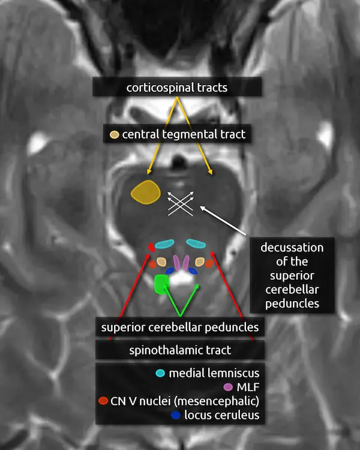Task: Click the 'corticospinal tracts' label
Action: coord(176,88)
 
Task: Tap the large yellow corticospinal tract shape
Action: coord(146,191)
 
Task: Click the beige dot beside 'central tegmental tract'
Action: coord(114,135)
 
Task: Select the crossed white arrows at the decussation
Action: coord(182,203)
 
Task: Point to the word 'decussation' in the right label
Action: coord(292,248)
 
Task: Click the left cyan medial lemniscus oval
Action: coord(164,245)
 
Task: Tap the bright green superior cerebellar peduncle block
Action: coord(161,284)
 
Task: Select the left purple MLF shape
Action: coord(176,262)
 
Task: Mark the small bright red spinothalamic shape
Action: coord(151,246)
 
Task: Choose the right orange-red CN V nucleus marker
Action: coord(209,263)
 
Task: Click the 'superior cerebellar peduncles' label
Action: coord(180,328)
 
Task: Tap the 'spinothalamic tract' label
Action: coord(180,349)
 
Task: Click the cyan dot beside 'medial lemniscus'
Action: coord(160,373)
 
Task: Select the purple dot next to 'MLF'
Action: coord(227,387)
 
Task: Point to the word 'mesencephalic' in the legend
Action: coord(223,400)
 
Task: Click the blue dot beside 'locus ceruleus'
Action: coord(175,415)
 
